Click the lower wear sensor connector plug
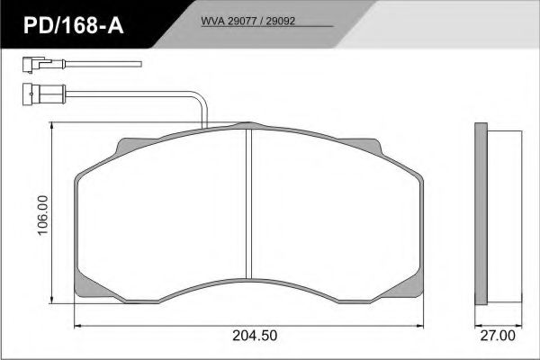(x=31, y=91)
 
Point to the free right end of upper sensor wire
(x=141, y=64)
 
